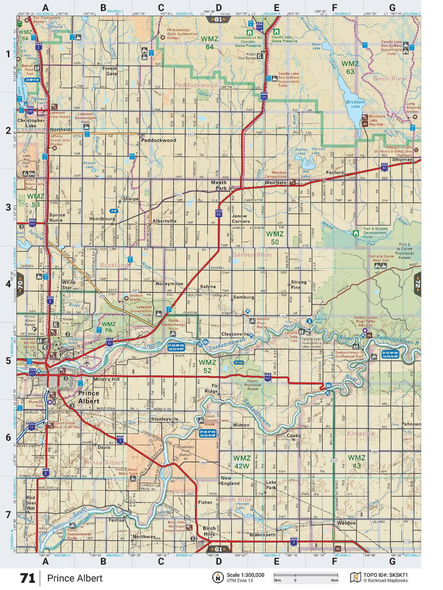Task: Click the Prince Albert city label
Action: (89, 397)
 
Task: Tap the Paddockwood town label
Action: (158, 140)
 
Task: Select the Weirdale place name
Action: (275, 183)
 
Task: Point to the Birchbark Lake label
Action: (355, 104)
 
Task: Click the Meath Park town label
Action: (219, 185)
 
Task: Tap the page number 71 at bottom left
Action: (27, 578)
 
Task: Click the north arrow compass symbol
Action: (218, 578)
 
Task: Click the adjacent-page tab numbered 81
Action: (218, 19)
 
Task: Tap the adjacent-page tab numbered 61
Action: (218, 549)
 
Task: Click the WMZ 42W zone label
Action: (242, 462)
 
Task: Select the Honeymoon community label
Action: (169, 284)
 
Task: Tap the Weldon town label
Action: (346, 523)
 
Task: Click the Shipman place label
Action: (402, 160)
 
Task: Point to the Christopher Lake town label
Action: (31, 123)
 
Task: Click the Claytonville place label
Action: (235, 334)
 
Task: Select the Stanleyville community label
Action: (165, 419)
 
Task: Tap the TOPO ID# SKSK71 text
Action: (385, 575)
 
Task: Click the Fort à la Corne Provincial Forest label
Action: (404, 251)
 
